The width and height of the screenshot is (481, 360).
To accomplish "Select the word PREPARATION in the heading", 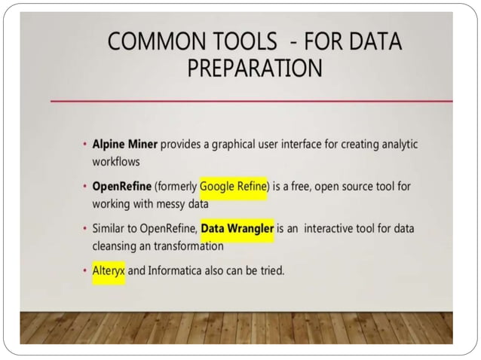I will (x=254, y=68).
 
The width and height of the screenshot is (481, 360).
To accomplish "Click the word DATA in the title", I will (x=371, y=41).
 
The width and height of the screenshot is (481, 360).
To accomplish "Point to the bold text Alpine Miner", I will (x=124, y=144).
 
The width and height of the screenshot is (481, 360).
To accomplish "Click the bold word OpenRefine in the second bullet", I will (x=121, y=186).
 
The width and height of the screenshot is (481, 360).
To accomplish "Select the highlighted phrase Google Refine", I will (x=234, y=186).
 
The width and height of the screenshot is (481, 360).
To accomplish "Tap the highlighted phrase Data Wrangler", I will (x=237, y=228).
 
